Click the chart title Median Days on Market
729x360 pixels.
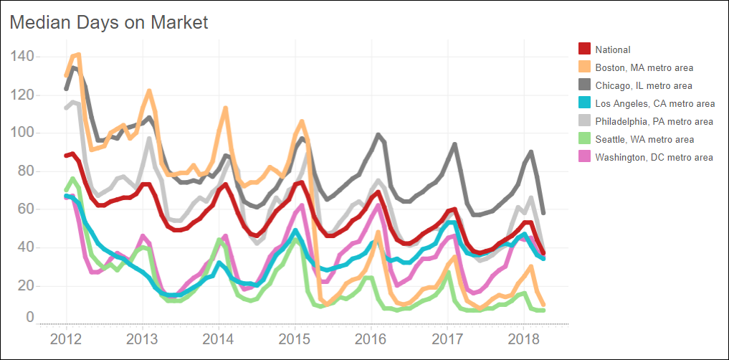[x=108, y=22]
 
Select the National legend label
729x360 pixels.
[x=613, y=49]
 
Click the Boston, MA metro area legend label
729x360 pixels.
[x=644, y=67]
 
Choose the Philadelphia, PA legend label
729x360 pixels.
[x=654, y=121]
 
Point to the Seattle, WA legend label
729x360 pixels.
[x=644, y=139]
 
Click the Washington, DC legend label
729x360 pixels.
[x=654, y=157]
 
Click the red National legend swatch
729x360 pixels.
[x=584, y=49]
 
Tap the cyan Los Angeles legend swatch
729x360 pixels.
[x=584, y=103]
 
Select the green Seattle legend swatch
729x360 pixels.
[x=584, y=139]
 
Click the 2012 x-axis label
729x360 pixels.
[x=66, y=338]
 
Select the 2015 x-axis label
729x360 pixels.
[x=295, y=338]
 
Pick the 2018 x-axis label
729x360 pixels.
[x=523, y=338]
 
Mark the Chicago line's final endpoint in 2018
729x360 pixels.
[x=543, y=213]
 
